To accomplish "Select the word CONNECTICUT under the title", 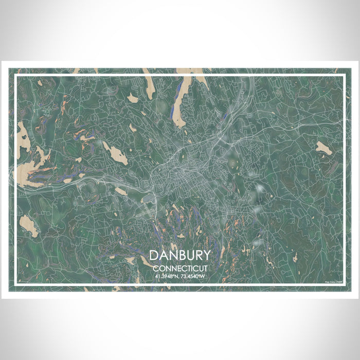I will point(180,268).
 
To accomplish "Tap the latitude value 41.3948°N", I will point(167,277).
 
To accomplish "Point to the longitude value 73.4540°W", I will point(193,277).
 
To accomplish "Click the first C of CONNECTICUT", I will point(155,268).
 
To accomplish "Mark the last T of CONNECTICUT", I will point(205,268).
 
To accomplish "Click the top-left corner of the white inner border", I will point(16,76).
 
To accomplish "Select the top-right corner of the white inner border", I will point(344,76).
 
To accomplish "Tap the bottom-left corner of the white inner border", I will point(16,284).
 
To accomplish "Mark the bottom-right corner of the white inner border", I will point(344,284).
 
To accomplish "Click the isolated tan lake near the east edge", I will point(324,148).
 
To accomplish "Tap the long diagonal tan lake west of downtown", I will point(115,153).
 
